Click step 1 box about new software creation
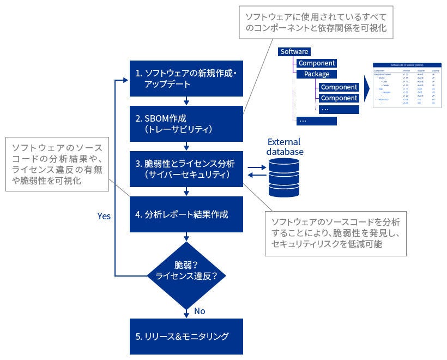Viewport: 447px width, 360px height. (186, 79)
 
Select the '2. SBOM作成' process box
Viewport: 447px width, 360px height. (186, 124)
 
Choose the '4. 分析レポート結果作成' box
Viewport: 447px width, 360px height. (186, 214)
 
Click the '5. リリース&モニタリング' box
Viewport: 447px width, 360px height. (186, 336)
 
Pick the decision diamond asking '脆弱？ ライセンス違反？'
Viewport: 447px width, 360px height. (186, 271)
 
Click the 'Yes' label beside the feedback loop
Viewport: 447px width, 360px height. (104, 216)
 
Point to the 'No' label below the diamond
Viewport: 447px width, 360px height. (200, 311)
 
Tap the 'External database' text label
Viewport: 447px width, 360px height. (285, 147)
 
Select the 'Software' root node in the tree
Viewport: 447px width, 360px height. (294, 52)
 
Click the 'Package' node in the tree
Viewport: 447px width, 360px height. (316, 74)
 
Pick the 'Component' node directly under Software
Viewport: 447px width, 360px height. (316, 63)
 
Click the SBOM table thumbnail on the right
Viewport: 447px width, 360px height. (406, 85)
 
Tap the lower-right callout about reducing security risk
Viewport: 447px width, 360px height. (335, 233)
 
